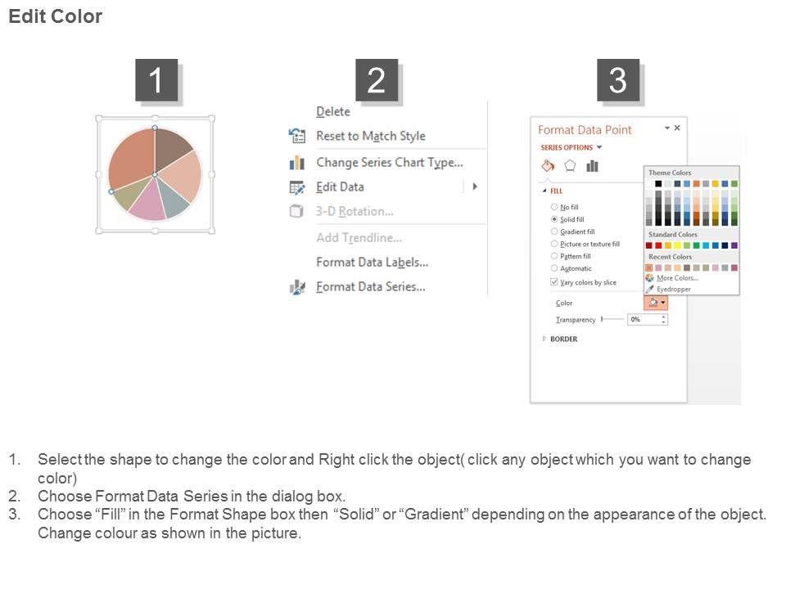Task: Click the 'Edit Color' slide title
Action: (x=55, y=16)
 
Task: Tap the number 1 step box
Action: (x=156, y=80)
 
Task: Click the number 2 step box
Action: (x=377, y=80)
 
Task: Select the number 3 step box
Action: (x=617, y=80)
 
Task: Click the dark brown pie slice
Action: (x=170, y=148)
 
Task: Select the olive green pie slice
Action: (x=127, y=193)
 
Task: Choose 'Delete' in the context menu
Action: (x=333, y=112)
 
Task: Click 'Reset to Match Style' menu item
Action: (x=370, y=137)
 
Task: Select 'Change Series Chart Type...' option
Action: (x=390, y=163)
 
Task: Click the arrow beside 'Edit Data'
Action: (x=475, y=187)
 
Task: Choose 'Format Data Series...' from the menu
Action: (x=370, y=287)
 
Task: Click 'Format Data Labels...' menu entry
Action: (x=372, y=263)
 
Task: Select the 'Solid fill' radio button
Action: (x=554, y=219)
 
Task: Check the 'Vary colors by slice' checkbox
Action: (x=554, y=282)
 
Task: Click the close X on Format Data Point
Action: (x=677, y=128)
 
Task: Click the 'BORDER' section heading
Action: (x=563, y=339)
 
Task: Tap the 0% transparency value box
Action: (x=647, y=320)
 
